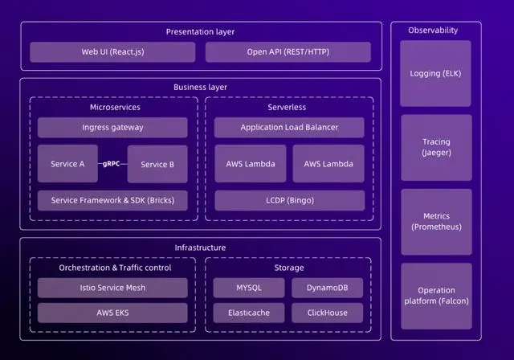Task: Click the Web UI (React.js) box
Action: [112, 52]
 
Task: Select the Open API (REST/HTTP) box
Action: [288, 52]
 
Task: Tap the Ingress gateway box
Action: [112, 128]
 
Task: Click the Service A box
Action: [67, 164]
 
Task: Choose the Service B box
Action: [157, 164]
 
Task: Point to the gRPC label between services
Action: [112, 163]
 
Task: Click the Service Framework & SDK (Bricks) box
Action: [112, 200]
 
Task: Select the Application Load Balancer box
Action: [289, 128]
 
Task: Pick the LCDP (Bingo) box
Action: [289, 200]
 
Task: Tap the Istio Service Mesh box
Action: [112, 288]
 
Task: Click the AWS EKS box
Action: [112, 313]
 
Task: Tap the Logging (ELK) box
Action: [436, 74]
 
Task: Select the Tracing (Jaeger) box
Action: [436, 147]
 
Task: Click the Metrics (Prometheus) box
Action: [436, 221]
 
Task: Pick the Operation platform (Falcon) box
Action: [436, 296]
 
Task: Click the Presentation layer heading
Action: [200, 31]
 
